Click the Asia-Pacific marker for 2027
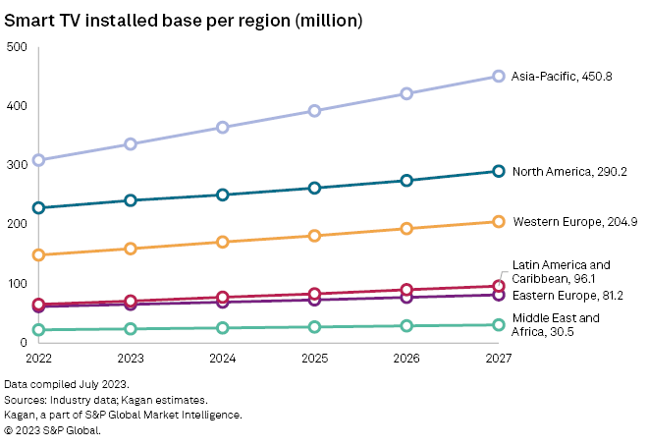pyautogui.click(x=499, y=76)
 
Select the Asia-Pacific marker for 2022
pyautogui.click(x=38, y=160)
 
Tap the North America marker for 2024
pyautogui.click(x=223, y=195)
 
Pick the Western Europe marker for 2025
pyautogui.click(x=314, y=236)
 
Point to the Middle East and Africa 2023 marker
pyautogui.click(x=131, y=329)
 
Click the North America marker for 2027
pyautogui.click(x=499, y=171)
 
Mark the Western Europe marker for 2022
pyautogui.click(x=38, y=255)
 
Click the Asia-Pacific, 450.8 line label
pyautogui.click(x=563, y=76)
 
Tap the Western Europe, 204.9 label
pyautogui.click(x=574, y=222)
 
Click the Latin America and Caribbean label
pyautogui.click(x=561, y=271)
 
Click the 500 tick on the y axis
pyautogui.click(x=17, y=47)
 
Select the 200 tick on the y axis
pyautogui.click(x=17, y=224)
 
